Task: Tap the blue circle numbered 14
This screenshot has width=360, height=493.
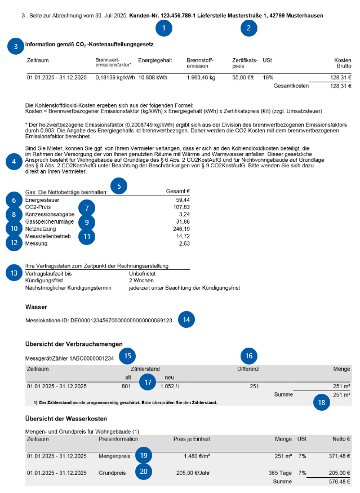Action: coord(186,319)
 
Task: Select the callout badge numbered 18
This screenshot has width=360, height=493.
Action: coord(322,403)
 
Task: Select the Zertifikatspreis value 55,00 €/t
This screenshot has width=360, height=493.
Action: coord(244,77)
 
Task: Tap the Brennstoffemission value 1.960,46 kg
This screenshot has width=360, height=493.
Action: coord(201,77)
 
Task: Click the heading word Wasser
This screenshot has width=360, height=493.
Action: coord(37,307)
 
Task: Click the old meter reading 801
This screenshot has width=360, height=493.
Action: coord(126,387)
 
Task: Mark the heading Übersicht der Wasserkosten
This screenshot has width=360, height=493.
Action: coord(66,419)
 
